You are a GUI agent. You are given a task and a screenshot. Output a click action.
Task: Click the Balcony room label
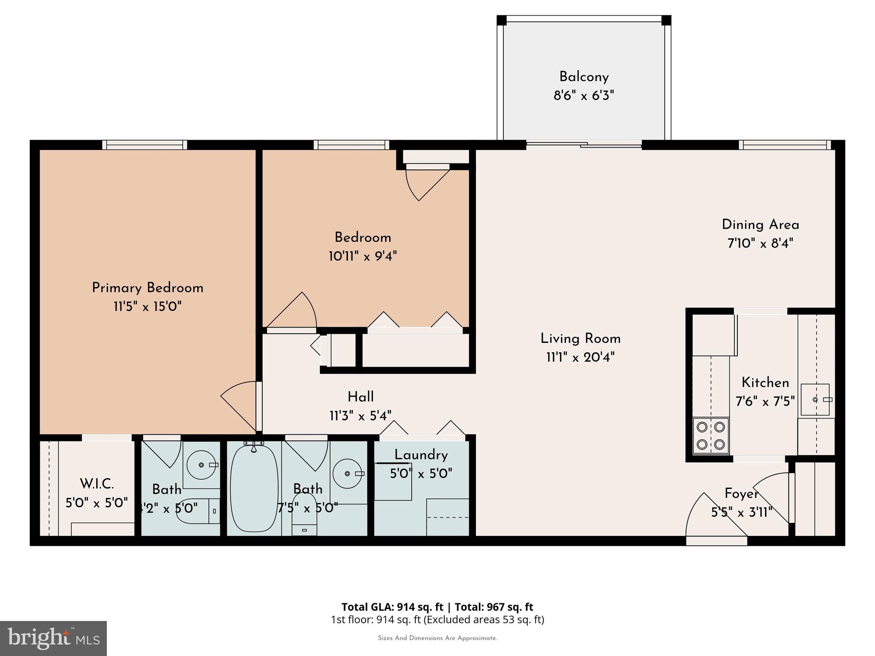[x=584, y=77]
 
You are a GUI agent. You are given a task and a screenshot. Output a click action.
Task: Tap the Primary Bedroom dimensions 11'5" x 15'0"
[x=147, y=307]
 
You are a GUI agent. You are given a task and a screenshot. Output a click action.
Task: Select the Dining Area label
[x=760, y=225]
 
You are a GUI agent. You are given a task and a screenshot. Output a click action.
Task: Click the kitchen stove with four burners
[x=711, y=435]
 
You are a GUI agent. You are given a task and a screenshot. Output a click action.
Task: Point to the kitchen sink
[x=815, y=400]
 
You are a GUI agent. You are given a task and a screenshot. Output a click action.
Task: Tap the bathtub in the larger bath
[x=254, y=488]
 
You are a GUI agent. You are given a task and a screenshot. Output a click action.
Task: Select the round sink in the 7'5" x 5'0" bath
[x=347, y=473]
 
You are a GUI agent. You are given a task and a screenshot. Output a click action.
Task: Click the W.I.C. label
[x=97, y=484]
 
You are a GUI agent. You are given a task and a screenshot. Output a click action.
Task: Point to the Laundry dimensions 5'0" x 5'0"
[x=421, y=474]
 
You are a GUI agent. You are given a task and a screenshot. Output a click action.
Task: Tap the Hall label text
[x=361, y=397]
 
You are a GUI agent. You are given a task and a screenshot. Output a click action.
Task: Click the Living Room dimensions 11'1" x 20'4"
[x=580, y=357]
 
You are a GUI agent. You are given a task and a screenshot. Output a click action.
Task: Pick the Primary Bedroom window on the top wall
[x=144, y=145]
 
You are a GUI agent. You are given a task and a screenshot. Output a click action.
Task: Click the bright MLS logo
[x=53, y=638]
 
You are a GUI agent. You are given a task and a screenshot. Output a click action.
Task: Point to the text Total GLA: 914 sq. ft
[x=392, y=607]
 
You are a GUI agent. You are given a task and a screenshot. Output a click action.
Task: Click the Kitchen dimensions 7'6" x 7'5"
[x=765, y=401]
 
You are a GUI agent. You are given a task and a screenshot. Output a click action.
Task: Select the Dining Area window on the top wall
[x=784, y=145]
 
